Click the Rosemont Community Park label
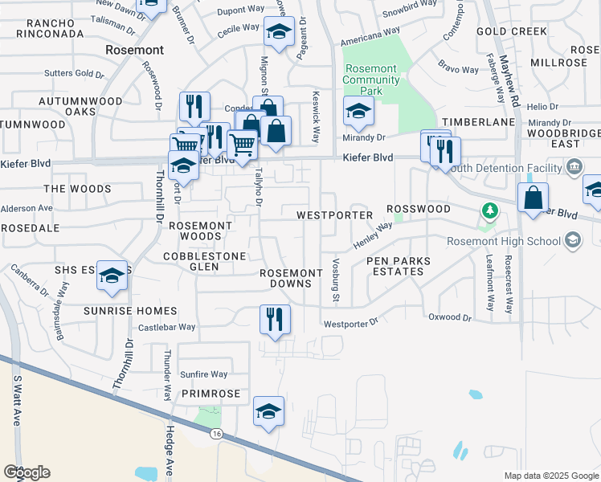coord(371,80)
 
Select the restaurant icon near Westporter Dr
coord(275,319)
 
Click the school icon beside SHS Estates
coord(112,276)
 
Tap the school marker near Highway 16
coord(268,411)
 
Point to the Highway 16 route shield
coord(216,434)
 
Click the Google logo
coord(27,472)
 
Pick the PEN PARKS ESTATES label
coord(398,267)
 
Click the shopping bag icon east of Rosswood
coord(533,198)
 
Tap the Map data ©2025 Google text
coord(550,476)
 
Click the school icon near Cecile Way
coord(278,33)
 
